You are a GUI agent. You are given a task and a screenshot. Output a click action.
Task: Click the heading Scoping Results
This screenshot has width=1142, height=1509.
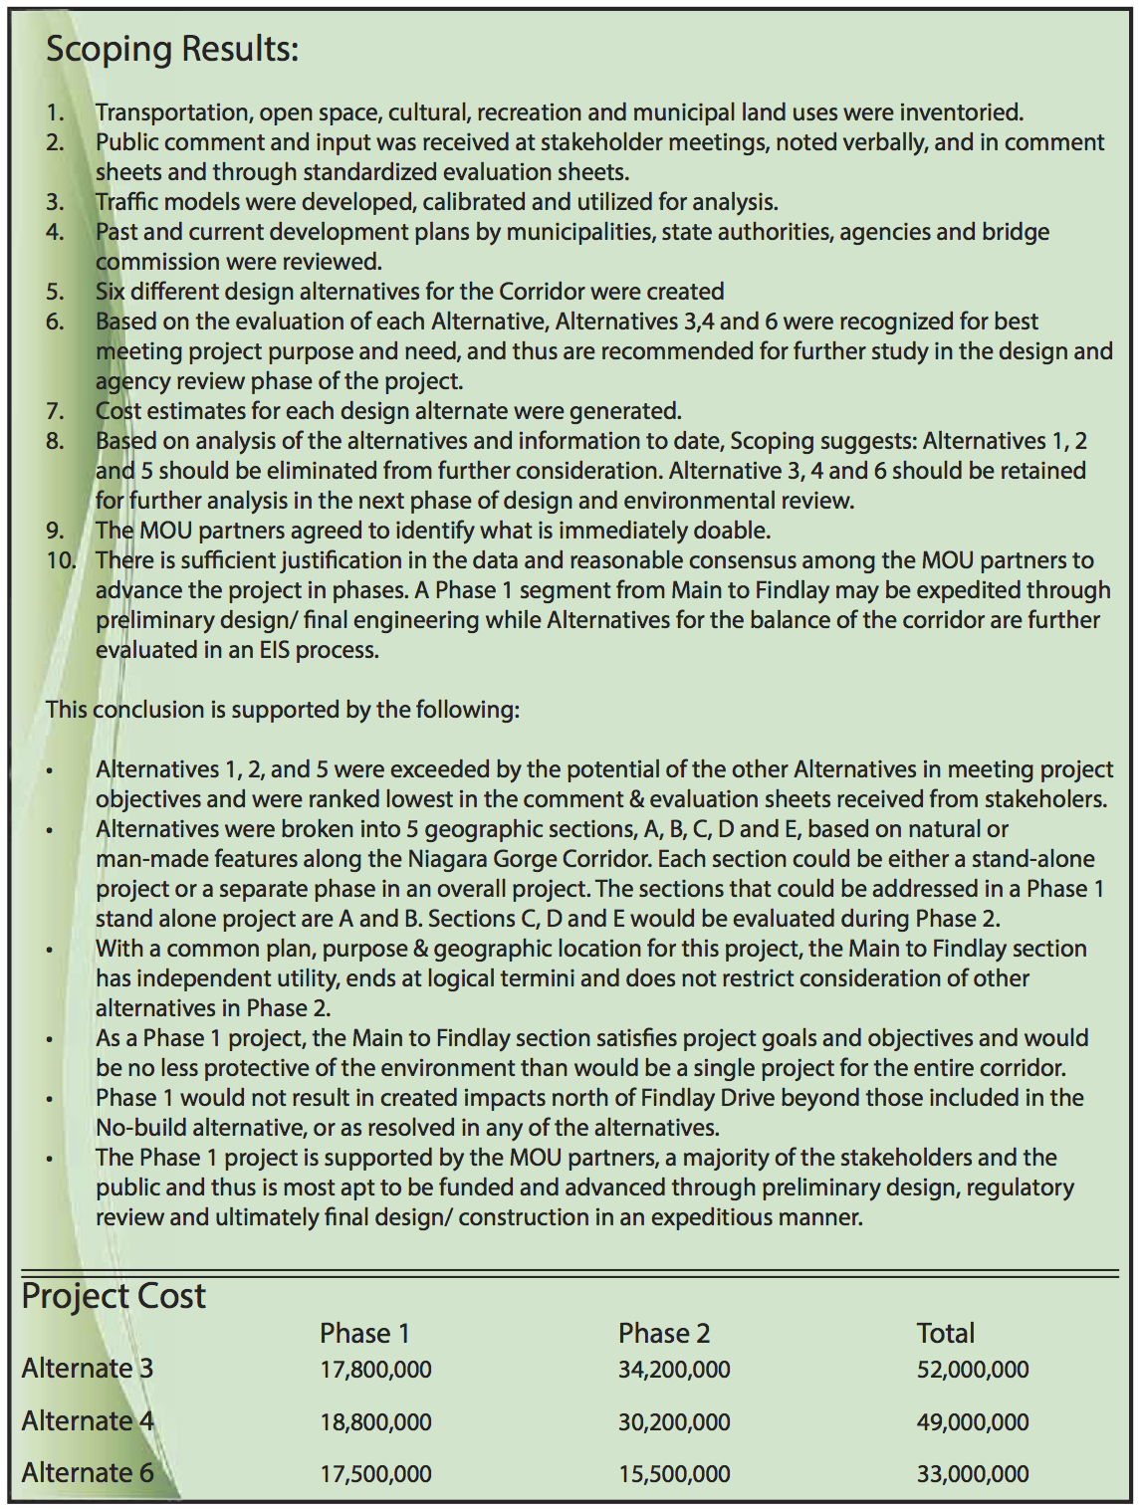point(172,49)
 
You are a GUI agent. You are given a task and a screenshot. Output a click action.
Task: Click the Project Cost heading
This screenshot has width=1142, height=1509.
point(114,1296)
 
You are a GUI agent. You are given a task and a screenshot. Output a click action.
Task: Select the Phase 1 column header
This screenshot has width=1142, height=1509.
point(364,1333)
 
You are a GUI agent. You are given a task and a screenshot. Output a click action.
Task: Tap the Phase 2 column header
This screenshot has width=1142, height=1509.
point(664,1333)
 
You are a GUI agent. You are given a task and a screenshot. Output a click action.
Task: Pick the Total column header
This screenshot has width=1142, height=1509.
point(945,1333)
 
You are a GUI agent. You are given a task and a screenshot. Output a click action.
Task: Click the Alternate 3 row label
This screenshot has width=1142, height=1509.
point(88,1369)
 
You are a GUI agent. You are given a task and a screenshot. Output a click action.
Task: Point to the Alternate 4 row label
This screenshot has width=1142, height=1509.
point(88,1421)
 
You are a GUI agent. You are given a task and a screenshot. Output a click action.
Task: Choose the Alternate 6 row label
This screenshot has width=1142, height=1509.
point(88,1473)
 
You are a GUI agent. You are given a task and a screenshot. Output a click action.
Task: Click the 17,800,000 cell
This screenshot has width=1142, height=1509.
point(375,1370)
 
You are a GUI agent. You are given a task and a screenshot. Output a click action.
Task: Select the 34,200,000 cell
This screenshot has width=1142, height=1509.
point(674,1370)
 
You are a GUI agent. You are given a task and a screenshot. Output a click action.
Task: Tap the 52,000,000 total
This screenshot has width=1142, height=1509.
point(973,1370)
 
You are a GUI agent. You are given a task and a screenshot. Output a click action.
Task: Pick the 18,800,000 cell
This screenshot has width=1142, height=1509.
point(375,1422)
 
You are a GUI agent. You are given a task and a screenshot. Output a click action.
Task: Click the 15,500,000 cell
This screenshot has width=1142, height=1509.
point(674,1474)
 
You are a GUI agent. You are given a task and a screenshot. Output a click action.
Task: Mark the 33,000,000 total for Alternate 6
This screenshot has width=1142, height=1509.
point(973,1474)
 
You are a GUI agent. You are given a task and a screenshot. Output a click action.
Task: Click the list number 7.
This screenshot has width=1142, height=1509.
point(55,411)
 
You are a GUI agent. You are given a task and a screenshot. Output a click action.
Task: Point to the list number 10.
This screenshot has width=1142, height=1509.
point(60,560)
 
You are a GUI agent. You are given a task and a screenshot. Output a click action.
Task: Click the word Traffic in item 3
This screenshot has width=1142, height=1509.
point(126,202)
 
